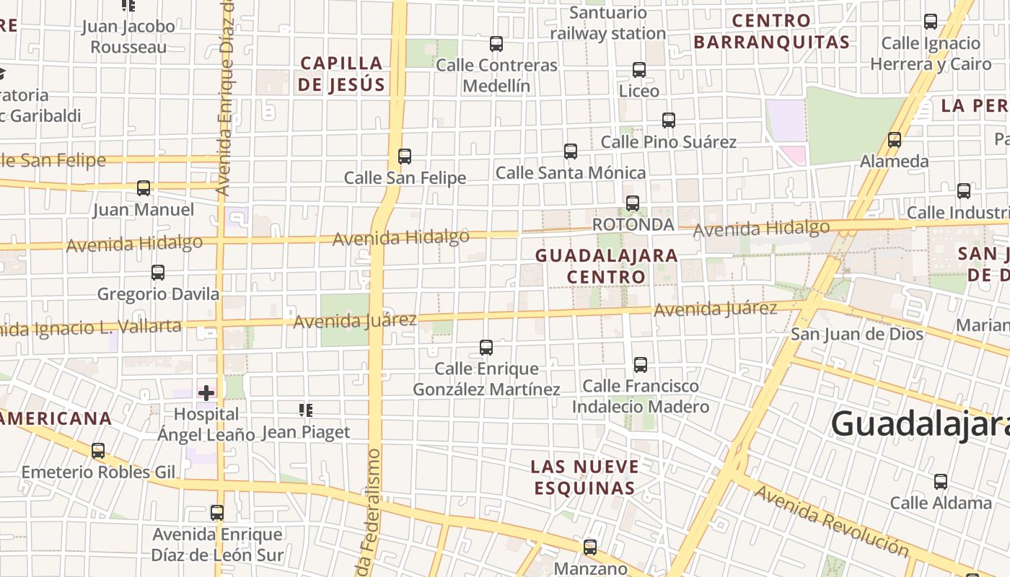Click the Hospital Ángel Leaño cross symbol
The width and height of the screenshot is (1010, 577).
206,393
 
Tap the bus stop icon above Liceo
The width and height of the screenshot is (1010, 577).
639,70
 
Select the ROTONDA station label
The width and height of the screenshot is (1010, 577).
633,225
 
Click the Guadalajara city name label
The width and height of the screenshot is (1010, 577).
920,423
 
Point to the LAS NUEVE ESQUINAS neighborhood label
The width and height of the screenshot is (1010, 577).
584,477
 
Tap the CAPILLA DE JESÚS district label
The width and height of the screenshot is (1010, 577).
342,74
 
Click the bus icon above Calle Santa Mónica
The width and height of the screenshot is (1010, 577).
571,151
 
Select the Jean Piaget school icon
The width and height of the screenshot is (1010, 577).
306,410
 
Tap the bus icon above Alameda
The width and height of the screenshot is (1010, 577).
895,140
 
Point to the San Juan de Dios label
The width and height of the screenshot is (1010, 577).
857,334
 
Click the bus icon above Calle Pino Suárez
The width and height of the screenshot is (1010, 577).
669,120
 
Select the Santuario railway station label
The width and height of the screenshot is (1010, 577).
607,23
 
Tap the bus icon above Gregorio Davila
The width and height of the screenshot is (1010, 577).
158,273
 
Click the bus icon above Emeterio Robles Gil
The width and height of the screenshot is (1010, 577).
98,451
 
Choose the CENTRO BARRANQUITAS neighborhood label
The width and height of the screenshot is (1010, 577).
772,31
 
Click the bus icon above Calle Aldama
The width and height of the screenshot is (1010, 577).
941,482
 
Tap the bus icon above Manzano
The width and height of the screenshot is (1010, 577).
590,547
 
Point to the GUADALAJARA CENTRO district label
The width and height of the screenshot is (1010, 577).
606,265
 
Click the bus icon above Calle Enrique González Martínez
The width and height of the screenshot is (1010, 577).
486,348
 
